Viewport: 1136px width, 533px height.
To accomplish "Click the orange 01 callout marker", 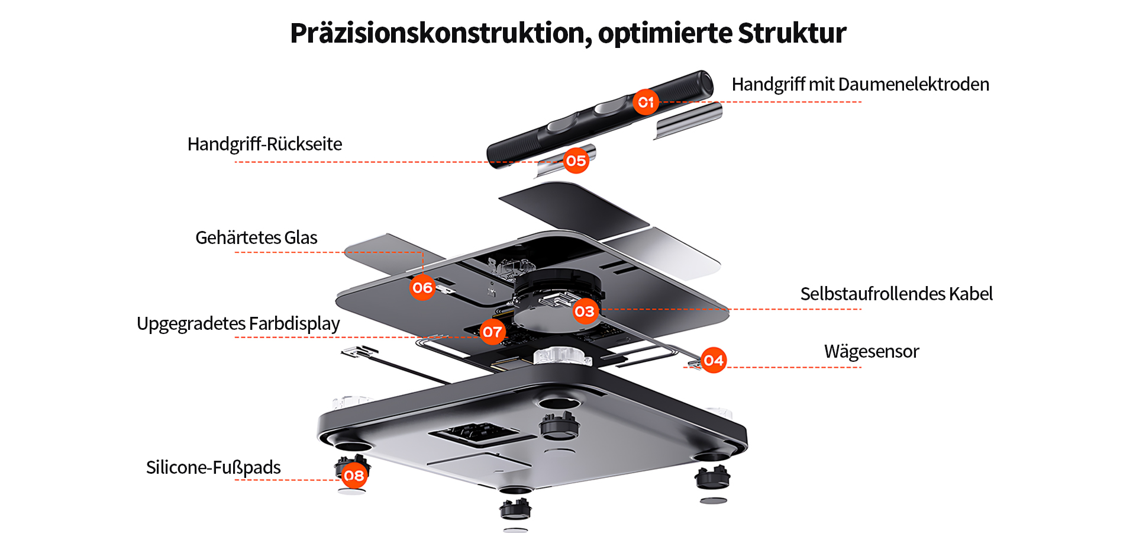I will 646,102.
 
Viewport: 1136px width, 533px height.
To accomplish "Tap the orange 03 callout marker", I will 585,311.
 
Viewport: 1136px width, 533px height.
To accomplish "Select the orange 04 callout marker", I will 714,360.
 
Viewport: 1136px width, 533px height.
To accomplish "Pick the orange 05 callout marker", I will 576,160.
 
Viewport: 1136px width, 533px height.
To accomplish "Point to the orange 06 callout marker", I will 422,288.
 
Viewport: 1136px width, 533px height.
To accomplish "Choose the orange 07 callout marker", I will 492,332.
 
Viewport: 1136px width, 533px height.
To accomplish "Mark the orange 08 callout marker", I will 354,476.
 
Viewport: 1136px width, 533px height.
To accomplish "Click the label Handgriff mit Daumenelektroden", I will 860,85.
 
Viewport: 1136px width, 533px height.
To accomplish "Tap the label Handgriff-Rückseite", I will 264,145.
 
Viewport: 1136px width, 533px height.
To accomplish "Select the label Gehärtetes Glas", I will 256,238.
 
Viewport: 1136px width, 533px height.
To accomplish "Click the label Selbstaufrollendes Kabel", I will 896,294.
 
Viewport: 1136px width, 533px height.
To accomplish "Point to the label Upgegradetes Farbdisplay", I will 238,324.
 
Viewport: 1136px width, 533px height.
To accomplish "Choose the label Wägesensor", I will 872,352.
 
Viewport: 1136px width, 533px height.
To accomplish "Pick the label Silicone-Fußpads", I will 213,468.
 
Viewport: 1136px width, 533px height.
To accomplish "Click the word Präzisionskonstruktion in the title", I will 441,33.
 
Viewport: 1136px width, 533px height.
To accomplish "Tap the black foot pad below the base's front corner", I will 515,508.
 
